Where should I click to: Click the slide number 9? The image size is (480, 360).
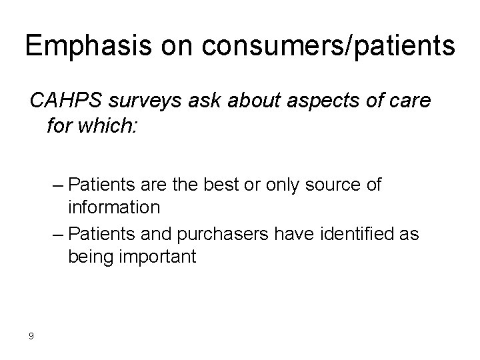31,335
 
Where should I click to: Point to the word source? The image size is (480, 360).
333,184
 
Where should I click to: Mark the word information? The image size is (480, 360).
113,207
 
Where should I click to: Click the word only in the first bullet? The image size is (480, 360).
287,184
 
